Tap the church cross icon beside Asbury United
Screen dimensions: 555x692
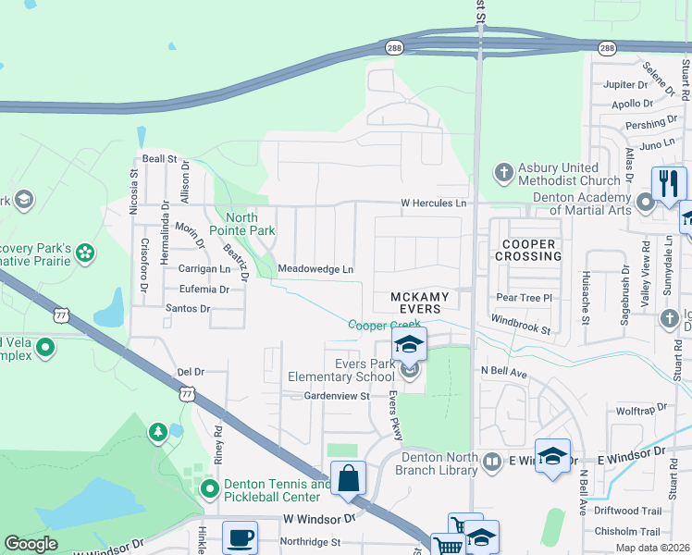coord(502,173)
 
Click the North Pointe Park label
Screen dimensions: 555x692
coord(250,223)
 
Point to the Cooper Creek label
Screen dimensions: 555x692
coord(385,325)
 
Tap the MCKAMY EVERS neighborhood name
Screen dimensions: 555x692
coord(419,302)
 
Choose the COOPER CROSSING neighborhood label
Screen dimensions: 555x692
coord(528,250)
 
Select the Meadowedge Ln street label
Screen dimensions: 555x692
coord(315,269)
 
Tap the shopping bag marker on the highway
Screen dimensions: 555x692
coord(349,479)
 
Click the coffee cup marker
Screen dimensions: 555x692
coord(241,536)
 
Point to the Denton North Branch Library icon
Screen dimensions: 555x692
coord(493,460)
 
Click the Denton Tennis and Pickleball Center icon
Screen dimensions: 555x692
coord(210,487)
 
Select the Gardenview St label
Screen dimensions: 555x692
coord(337,395)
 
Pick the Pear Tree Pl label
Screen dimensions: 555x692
coord(524,298)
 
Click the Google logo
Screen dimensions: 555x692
coord(31,544)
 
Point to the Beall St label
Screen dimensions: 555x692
coord(159,159)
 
